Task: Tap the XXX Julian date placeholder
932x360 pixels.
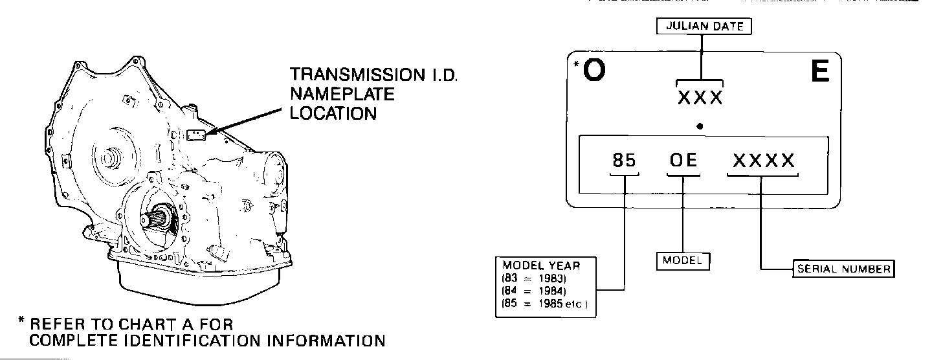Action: (x=700, y=98)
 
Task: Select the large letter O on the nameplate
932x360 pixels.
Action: (x=594, y=73)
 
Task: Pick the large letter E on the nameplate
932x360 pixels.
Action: (x=819, y=73)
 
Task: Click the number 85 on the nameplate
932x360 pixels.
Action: (x=624, y=161)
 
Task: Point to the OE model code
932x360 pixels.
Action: (x=683, y=161)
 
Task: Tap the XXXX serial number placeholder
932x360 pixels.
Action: (x=764, y=161)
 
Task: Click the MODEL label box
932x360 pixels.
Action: (x=682, y=260)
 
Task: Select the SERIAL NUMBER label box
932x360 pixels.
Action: (x=843, y=269)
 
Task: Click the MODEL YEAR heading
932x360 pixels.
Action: (x=541, y=265)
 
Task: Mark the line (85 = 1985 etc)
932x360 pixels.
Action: (x=544, y=304)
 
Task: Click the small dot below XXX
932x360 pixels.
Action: (x=700, y=126)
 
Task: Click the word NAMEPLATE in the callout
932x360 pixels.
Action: (x=342, y=95)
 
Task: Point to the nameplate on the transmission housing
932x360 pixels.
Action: (x=195, y=135)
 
